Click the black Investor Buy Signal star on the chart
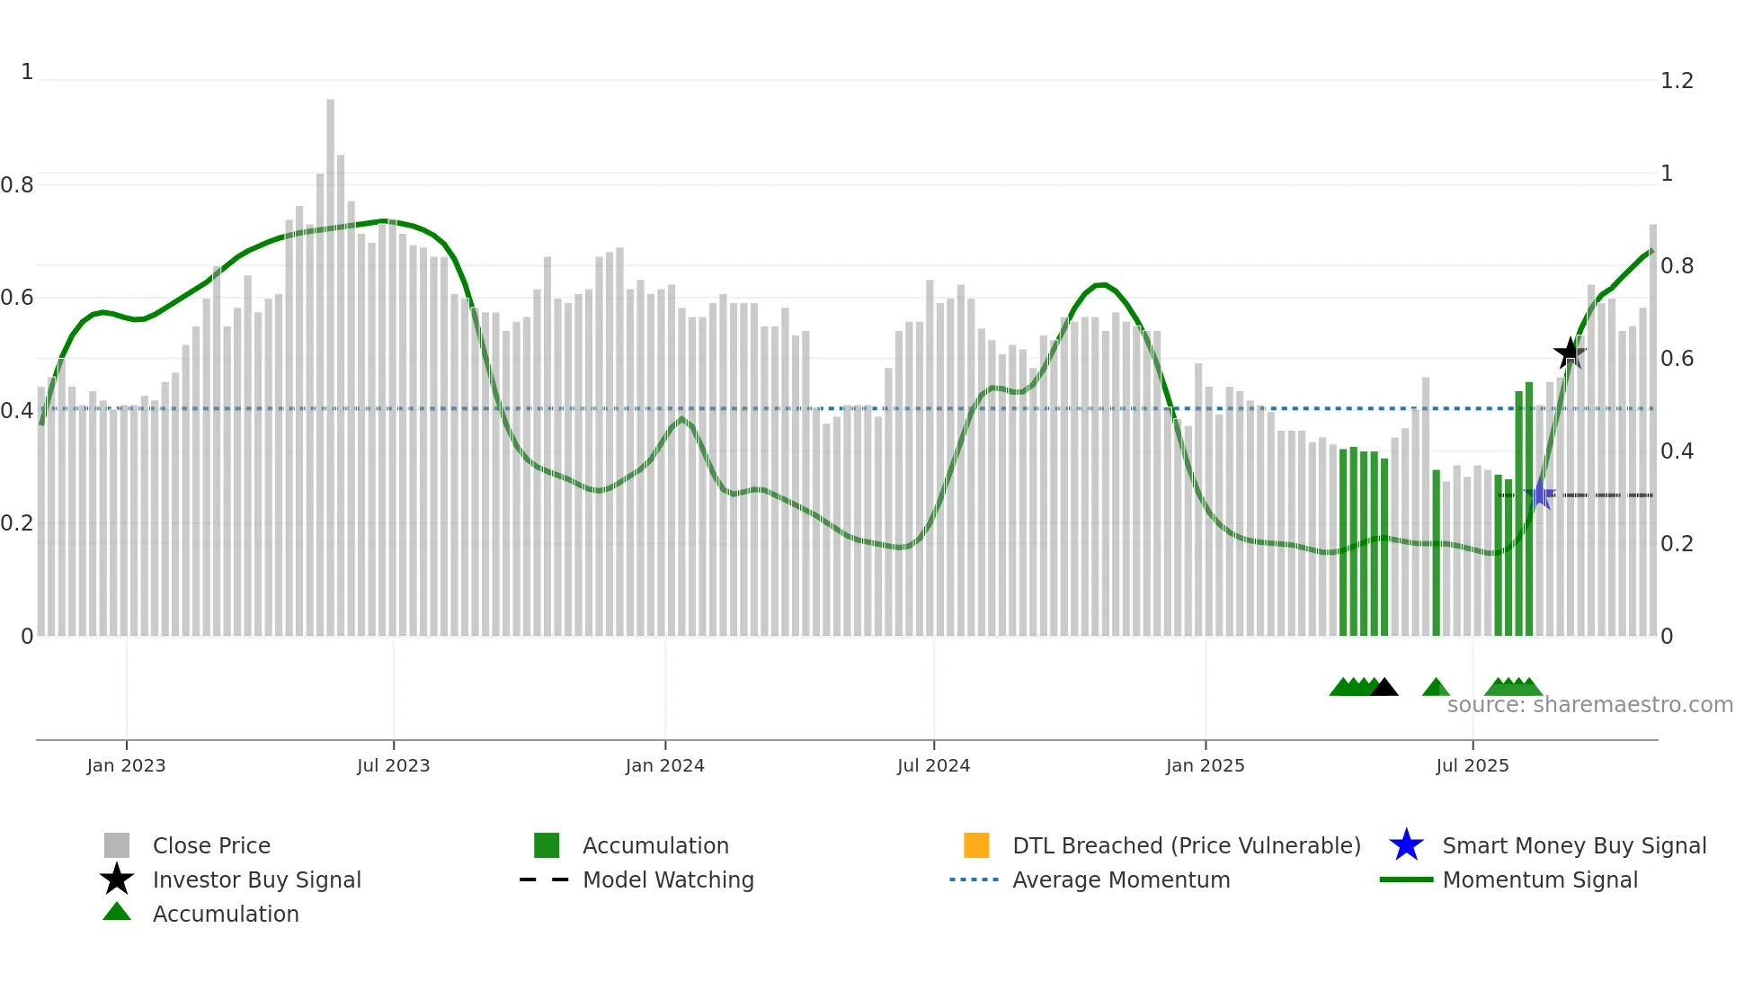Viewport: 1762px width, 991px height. (1570, 353)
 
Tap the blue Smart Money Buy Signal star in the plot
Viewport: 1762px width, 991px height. (1540, 495)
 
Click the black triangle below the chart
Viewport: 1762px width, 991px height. (1384, 688)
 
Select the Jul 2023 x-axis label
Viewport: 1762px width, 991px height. (393, 765)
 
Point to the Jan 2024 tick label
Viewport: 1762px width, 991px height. (664, 765)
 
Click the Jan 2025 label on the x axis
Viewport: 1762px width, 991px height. (1205, 765)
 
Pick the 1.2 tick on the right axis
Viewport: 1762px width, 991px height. (1677, 81)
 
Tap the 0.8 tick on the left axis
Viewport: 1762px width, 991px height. (17, 185)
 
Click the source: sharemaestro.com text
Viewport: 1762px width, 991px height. (1589, 705)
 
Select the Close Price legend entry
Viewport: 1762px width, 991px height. (210, 845)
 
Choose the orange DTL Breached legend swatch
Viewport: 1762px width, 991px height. (976, 845)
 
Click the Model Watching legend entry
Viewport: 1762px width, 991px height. (667, 879)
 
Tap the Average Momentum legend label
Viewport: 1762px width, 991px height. (1120, 879)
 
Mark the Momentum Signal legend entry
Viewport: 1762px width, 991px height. (1539, 879)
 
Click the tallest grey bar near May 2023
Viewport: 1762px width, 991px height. (330, 360)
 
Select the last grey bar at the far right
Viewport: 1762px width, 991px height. (1652, 432)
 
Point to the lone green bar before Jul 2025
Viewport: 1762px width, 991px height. (1436, 553)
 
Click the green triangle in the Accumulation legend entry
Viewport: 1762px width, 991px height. (117, 913)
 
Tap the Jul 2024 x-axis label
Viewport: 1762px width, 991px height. (933, 765)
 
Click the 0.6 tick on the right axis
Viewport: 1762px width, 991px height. (1677, 359)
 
